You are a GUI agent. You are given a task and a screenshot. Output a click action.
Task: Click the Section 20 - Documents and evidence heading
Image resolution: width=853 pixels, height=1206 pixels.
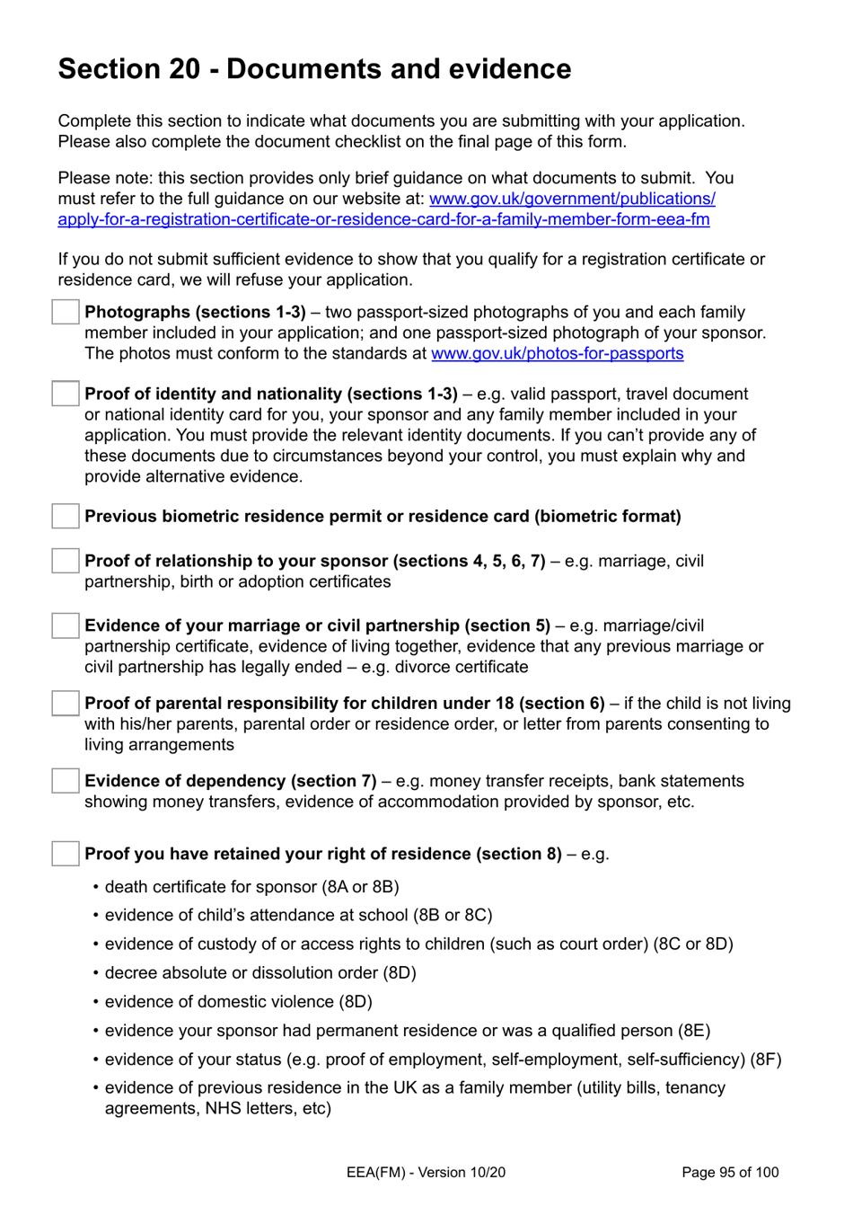pyautogui.click(x=314, y=69)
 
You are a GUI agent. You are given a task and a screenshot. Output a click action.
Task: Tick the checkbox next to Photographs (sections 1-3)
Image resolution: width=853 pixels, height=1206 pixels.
pyautogui.click(x=66, y=313)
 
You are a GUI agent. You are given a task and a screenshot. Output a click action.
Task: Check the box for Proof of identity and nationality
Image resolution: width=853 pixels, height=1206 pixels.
pyautogui.click(x=66, y=394)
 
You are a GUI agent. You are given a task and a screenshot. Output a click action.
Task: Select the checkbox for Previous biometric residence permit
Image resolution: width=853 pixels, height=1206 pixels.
pyautogui.click(x=66, y=516)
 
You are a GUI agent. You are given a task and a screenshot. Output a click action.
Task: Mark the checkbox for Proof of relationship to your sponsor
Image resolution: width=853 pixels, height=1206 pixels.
pyautogui.click(x=66, y=561)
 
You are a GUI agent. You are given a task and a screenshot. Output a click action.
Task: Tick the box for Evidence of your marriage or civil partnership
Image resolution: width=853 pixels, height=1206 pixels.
pyautogui.click(x=66, y=625)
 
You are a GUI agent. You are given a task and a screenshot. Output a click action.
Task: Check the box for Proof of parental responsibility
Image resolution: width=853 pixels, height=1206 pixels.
pyautogui.click(x=66, y=703)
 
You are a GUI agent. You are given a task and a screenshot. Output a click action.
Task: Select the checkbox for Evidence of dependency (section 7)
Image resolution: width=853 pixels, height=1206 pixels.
pyautogui.click(x=66, y=781)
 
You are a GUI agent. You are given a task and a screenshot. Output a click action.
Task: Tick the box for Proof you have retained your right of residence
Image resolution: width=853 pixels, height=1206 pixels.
pyautogui.click(x=66, y=854)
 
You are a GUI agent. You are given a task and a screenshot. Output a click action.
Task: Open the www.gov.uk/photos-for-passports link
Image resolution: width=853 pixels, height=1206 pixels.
pyautogui.click(x=557, y=354)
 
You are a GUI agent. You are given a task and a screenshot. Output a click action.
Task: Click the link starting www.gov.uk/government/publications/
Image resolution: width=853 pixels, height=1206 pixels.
pyautogui.click(x=572, y=199)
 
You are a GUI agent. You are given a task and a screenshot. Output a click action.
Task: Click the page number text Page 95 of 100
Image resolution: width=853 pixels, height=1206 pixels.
pyautogui.click(x=730, y=1172)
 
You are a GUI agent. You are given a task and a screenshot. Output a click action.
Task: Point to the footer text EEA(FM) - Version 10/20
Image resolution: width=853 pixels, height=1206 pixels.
pyautogui.click(x=426, y=1172)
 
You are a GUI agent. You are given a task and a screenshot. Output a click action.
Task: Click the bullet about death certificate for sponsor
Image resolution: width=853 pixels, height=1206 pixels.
pyautogui.click(x=251, y=887)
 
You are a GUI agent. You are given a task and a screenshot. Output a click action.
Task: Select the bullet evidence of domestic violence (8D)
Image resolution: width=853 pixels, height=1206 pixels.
pyautogui.click(x=238, y=1002)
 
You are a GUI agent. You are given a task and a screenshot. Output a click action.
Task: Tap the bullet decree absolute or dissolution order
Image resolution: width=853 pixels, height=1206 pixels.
pyautogui.click(x=260, y=973)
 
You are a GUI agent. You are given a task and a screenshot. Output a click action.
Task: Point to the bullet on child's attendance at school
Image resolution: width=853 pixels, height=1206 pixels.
pyautogui.click(x=298, y=916)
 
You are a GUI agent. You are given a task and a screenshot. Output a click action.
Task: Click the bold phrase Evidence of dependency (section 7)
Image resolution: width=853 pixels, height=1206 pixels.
pyautogui.click(x=230, y=781)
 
